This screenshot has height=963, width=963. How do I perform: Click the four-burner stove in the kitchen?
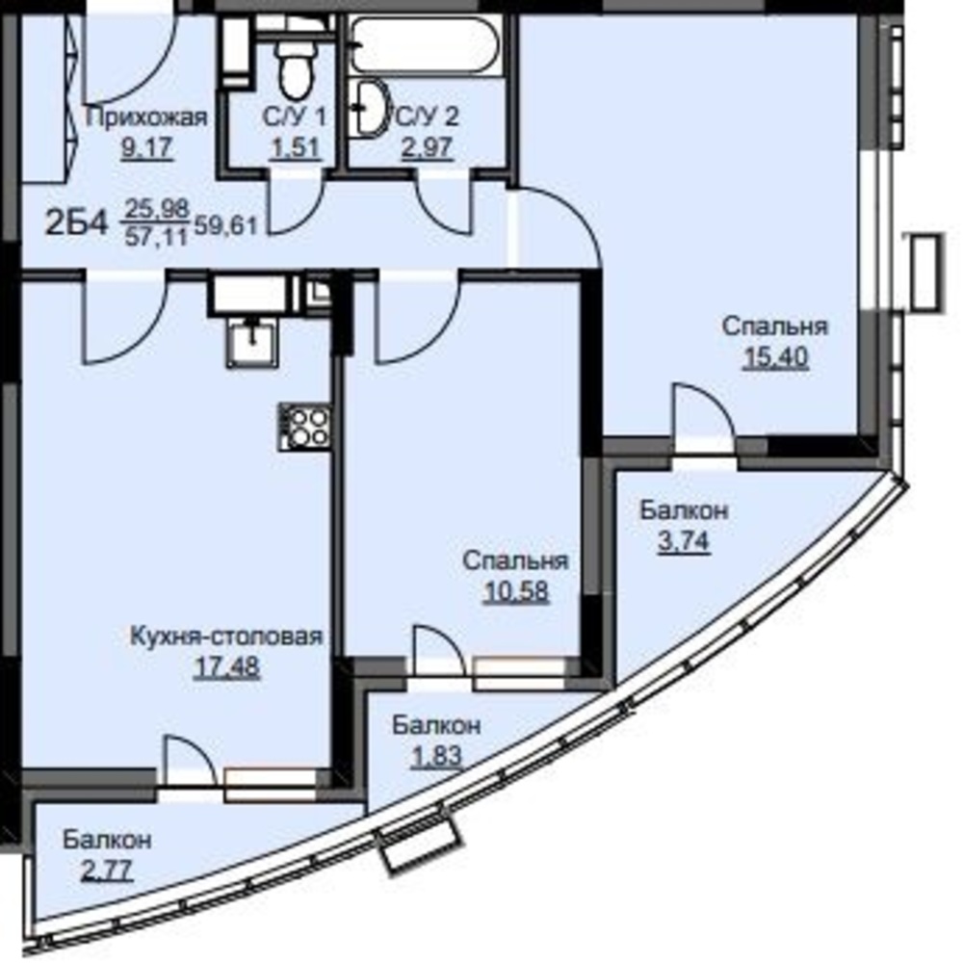(x=304, y=427)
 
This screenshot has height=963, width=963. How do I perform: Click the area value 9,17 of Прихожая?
(x=147, y=147)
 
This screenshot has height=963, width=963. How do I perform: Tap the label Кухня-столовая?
(x=226, y=637)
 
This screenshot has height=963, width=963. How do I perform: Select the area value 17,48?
(x=226, y=667)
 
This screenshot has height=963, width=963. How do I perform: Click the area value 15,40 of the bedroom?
(x=775, y=357)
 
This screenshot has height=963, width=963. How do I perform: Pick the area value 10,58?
(x=516, y=592)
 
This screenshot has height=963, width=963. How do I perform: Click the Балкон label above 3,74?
(x=684, y=510)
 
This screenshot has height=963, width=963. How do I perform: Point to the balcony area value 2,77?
(x=107, y=871)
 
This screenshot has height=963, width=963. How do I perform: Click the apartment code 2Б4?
(x=77, y=223)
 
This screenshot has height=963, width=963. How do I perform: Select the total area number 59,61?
(x=225, y=226)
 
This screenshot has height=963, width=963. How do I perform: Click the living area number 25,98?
(x=157, y=209)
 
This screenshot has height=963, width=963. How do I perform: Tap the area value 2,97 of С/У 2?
(x=427, y=147)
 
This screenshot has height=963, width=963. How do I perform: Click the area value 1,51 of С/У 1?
(x=296, y=147)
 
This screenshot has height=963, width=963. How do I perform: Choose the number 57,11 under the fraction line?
(x=156, y=237)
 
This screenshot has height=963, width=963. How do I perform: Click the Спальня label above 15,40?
(x=775, y=326)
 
